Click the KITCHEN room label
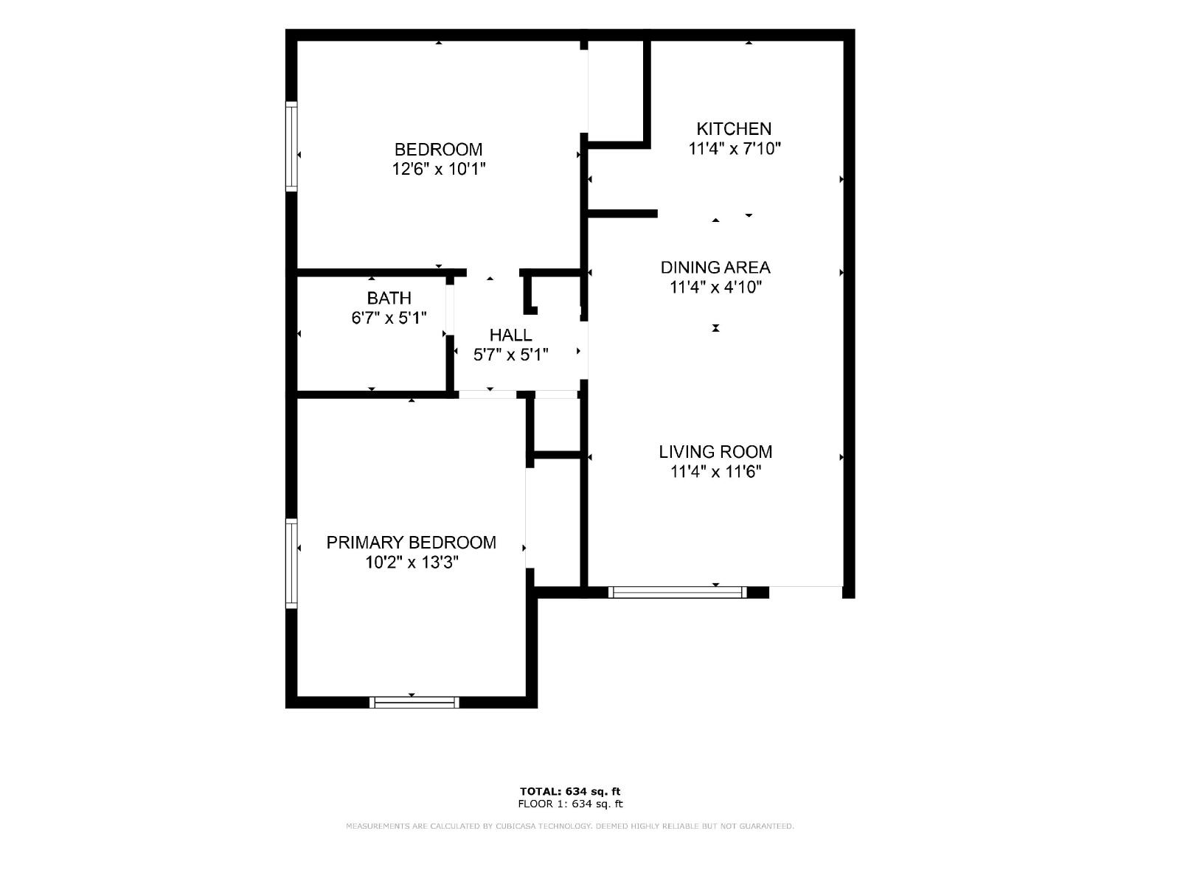(734, 129)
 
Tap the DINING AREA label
(715, 268)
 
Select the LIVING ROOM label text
(715, 452)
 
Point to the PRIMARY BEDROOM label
(412, 543)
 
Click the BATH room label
(389, 299)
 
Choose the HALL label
(510, 335)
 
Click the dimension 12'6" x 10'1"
(439, 170)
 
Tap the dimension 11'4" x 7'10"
(735, 149)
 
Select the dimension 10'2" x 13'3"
(412, 563)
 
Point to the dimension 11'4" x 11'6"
(715, 472)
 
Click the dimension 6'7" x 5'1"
(389, 318)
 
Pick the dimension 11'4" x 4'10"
(715, 288)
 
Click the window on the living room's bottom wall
(677, 592)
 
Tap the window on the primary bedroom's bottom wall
(414, 703)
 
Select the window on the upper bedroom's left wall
(291, 146)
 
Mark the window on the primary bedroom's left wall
(291, 564)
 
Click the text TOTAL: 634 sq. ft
(570, 792)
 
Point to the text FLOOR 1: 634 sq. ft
(570, 804)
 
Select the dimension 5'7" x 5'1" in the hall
(510, 355)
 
